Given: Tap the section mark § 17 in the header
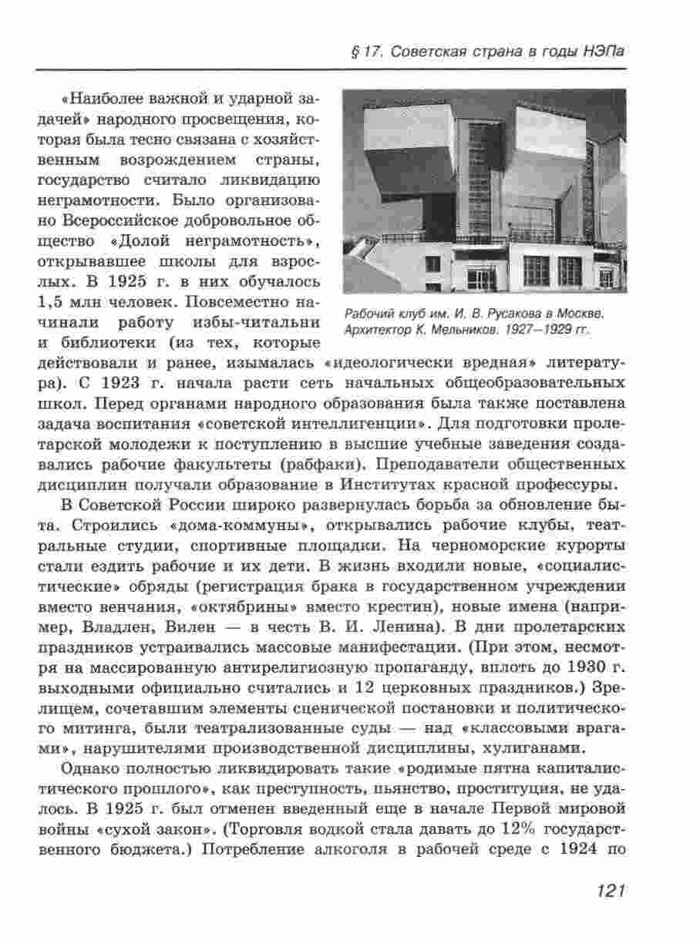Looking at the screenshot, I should pyautogui.click(x=362, y=52).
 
